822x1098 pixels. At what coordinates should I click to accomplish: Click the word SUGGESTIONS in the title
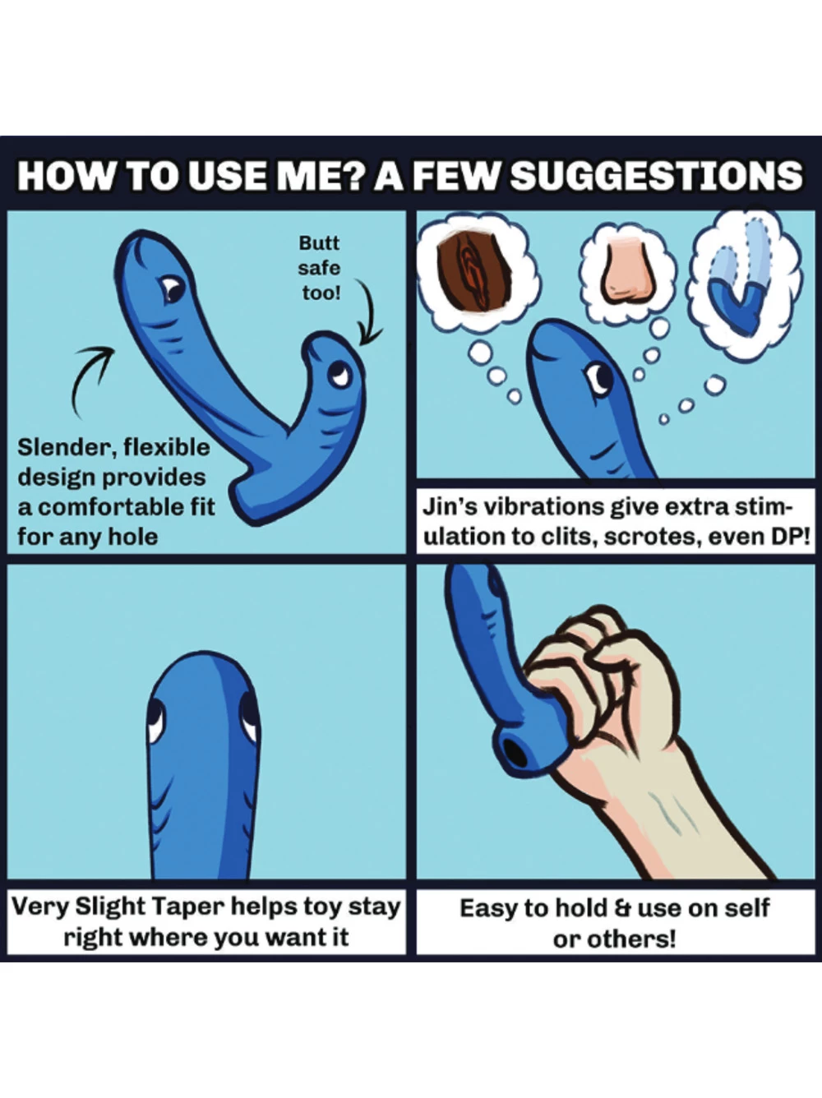(x=656, y=176)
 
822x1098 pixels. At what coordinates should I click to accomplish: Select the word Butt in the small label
(x=319, y=243)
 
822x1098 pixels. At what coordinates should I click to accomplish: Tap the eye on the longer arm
(x=173, y=289)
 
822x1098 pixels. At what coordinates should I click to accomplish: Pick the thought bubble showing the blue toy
(x=746, y=283)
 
